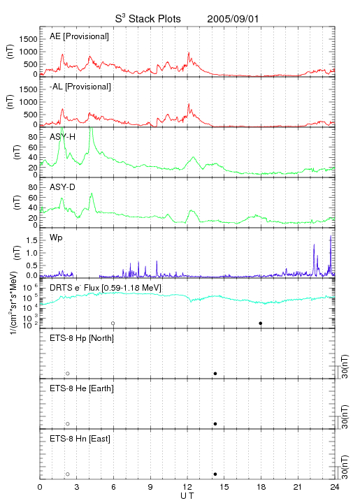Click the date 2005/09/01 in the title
(233, 19)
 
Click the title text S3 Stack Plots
(148, 19)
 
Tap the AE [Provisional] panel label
(79, 36)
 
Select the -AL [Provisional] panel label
(80, 87)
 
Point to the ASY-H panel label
(63, 137)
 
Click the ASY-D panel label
(63, 187)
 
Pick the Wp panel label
(56, 238)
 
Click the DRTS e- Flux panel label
(106, 288)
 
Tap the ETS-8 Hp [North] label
(82, 338)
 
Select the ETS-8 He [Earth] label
(82, 388)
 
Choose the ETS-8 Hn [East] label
(80, 439)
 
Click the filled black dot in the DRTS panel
(261, 323)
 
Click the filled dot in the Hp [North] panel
(215, 373)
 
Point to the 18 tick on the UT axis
(261, 487)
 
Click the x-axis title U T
(187, 496)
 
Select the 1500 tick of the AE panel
(28, 39)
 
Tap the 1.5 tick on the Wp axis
(33, 240)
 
